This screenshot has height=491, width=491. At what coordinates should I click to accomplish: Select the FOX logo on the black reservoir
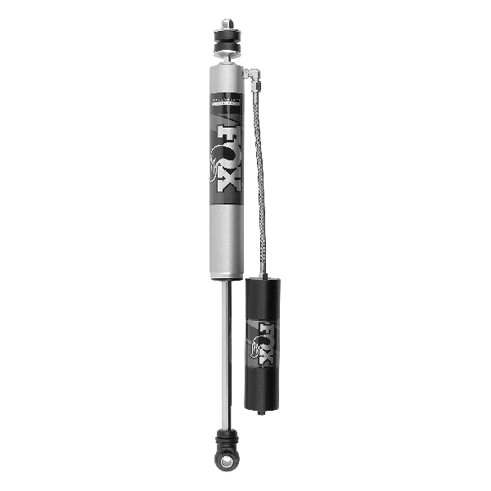pyautogui.click(x=267, y=340)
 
